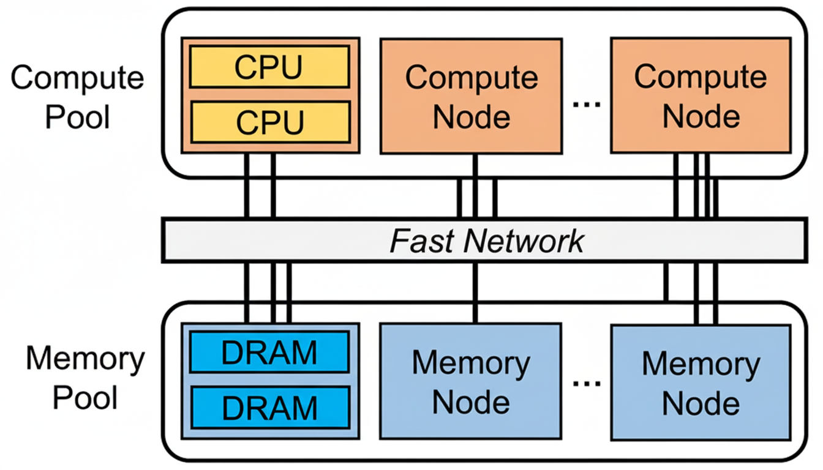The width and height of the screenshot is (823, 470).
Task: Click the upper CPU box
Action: coord(269,67)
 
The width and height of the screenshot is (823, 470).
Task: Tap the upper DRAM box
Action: coord(269,352)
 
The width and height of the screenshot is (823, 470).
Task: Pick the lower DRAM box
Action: coord(269,407)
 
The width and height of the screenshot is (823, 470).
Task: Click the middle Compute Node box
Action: coord(471,96)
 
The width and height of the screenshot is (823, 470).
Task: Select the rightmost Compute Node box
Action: coord(700,96)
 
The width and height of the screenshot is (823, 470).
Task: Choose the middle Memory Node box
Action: coord(471,381)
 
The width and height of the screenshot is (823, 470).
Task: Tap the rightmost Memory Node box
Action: coord(700,381)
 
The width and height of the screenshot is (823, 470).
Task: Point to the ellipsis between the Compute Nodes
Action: coord(587,104)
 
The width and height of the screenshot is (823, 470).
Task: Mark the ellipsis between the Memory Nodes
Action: coord(587,384)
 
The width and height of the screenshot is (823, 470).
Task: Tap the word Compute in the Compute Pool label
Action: coord(78,78)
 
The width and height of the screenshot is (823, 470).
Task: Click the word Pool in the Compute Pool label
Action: coord(78,116)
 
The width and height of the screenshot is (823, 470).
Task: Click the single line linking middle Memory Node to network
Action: coord(475,293)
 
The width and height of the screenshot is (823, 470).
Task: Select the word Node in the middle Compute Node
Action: coord(471,116)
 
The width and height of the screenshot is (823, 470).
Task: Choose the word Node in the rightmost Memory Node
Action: coord(700,403)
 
